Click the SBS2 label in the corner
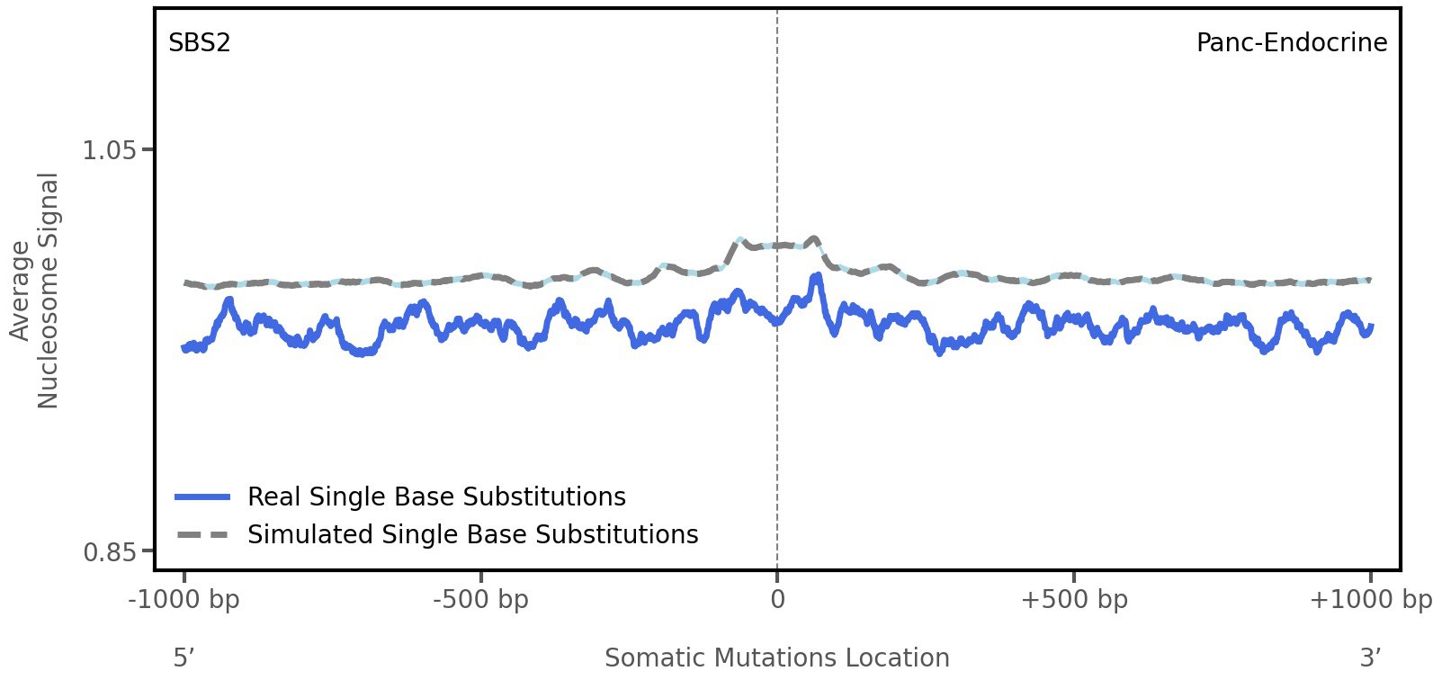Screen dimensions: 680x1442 click(x=199, y=42)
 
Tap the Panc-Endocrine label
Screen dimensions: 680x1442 click(x=1291, y=42)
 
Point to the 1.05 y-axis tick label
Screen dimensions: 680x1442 click(x=110, y=149)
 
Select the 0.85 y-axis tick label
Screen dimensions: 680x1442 click(x=110, y=550)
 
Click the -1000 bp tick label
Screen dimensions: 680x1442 click(x=184, y=599)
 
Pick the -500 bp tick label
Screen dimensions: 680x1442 click(x=480, y=599)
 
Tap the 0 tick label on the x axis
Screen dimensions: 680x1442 click(x=777, y=599)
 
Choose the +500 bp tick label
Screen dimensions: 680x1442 click(x=1073, y=599)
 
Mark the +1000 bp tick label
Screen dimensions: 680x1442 click(x=1369, y=599)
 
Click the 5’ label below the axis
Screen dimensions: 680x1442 click(x=184, y=658)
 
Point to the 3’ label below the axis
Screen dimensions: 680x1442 click(x=1370, y=658)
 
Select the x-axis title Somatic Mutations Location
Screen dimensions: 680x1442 click(x=776, y=658)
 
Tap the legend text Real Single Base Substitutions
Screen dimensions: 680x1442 click(x=436, y=497)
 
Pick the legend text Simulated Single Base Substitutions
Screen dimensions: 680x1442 click(x=472, y=534)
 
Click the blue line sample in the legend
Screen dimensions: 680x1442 click(x=203, y=497)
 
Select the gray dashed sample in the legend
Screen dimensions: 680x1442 click(x=203, y=534)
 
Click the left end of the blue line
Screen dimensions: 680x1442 click(x=184, y=348)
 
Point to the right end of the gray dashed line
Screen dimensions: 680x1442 click(x=1370, y=280)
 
